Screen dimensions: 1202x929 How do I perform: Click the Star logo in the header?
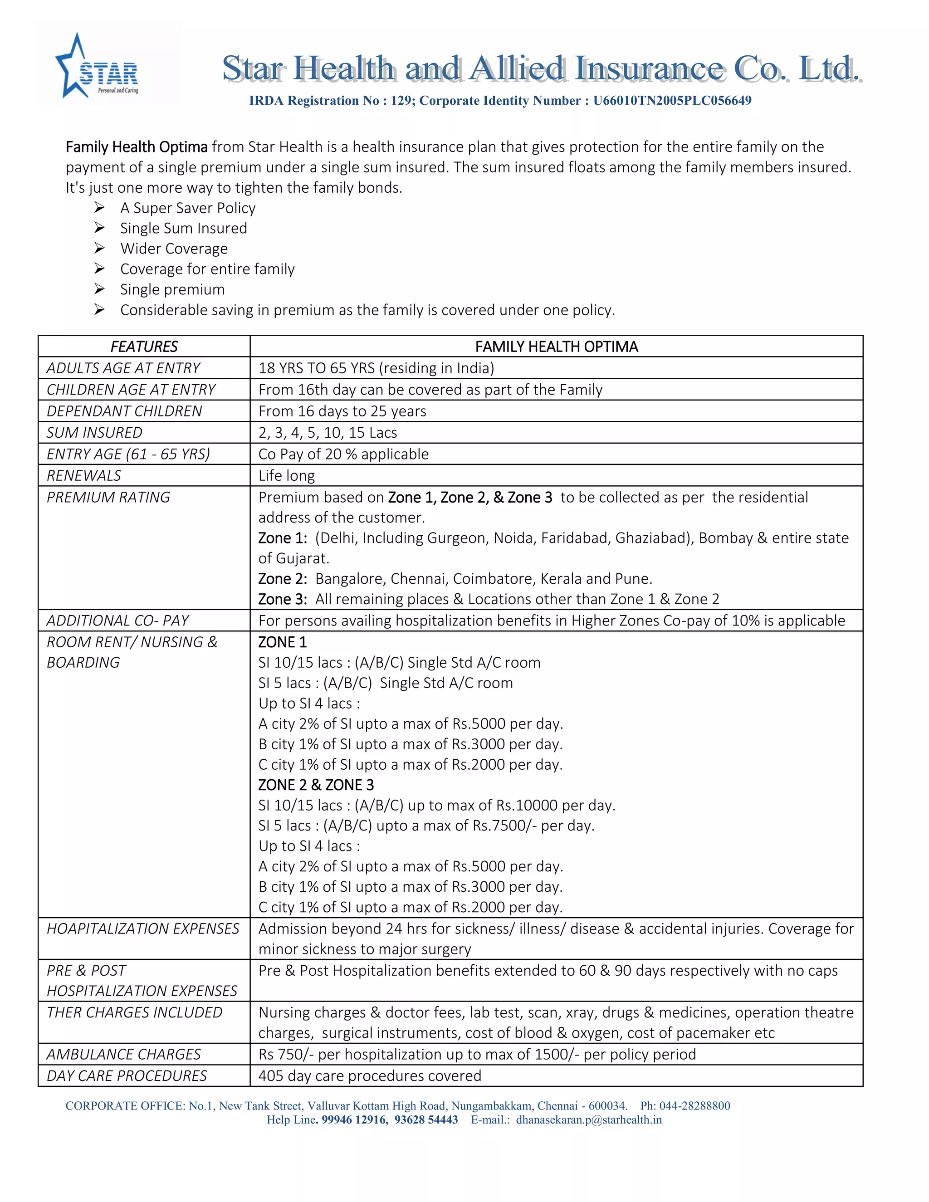[x=98, y=66]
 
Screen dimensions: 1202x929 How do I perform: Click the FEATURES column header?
[x=144, y=347]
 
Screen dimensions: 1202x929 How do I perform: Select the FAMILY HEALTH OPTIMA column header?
[x=557, y=347]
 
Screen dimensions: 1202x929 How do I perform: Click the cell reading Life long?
[x=287, y=475]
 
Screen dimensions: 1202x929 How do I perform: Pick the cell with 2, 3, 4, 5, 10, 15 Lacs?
[x=328, y=433]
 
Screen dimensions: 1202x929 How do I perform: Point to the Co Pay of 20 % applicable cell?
[x=343, y=454]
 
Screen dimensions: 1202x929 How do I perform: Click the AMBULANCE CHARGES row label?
[x=124, y=1054]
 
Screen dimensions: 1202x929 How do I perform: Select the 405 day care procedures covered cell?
[x=370, y=1075]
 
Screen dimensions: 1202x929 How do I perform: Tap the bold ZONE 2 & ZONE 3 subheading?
[x=316, y=785]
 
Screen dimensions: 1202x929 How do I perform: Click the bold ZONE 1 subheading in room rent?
[x=282, y=642]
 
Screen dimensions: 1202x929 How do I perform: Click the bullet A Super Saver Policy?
[x=188, y=208]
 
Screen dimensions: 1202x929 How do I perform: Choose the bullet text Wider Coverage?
[x=174, y=249]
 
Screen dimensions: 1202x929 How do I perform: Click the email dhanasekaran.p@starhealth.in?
[x=588, y=1119]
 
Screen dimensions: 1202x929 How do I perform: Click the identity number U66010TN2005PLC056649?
[x=672, y=101]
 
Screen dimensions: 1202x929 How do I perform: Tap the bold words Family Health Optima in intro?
[x=137, y=147]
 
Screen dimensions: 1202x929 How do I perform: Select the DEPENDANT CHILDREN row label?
[x=124, y=411]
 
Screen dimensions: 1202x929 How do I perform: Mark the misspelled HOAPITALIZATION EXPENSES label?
[x=142, y=928]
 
